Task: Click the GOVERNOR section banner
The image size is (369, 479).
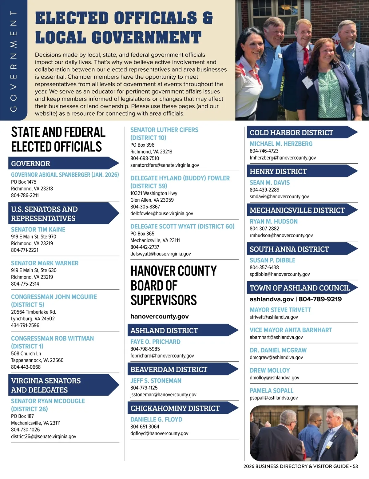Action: point(61,164)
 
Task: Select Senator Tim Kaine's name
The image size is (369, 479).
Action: point(38,230)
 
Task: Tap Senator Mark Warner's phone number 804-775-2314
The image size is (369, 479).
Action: point(25,284)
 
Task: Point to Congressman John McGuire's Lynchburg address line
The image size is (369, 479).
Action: point(33,319)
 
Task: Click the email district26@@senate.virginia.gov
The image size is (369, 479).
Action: point(44,436)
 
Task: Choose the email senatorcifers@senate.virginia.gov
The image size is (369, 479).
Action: point(165,165)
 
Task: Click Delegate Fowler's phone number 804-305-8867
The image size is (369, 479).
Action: point(145,207)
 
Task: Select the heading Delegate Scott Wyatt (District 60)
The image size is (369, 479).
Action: point(182,227)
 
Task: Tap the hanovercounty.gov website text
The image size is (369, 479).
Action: point(160,316)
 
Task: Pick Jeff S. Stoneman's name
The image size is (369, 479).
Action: point(156,381)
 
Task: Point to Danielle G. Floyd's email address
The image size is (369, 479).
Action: point(159,433)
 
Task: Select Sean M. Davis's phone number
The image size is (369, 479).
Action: point(264,190)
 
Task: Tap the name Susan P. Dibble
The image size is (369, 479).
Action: point(272,260)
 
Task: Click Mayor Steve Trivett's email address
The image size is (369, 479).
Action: point(274,317)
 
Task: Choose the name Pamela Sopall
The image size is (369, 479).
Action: point(272,391)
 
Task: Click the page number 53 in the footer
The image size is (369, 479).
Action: point(355,466)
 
